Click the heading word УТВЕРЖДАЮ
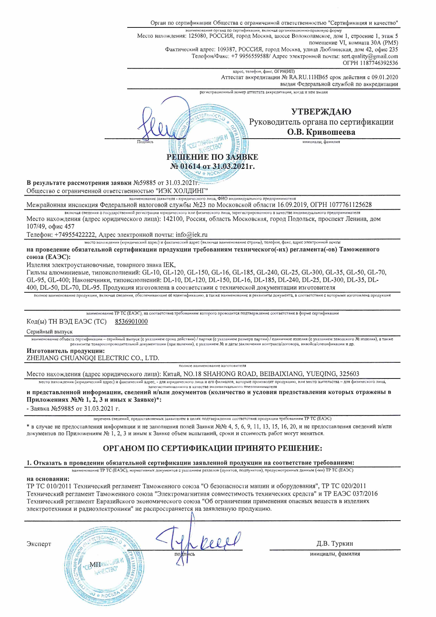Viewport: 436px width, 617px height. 321,112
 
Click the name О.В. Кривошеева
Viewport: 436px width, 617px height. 321,132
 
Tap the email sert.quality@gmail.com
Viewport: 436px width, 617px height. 370,56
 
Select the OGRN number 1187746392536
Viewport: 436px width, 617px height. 379,63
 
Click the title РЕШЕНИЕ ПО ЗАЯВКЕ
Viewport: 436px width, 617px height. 212,157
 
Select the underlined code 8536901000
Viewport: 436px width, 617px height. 131,322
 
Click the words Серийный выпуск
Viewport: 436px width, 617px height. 50,332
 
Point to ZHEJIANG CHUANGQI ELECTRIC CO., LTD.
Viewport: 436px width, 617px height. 93,358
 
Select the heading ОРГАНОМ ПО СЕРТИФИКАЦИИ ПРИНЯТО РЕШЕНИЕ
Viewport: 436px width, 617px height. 212,449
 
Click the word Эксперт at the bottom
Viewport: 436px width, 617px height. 39,544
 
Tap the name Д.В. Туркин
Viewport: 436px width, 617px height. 335,543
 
